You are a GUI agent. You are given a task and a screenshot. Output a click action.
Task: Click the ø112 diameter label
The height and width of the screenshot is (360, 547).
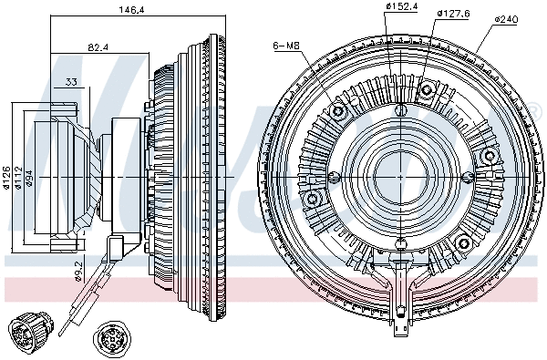[x=17, y=175]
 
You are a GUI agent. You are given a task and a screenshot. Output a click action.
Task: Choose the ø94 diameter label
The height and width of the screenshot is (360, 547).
[x=30, y=175]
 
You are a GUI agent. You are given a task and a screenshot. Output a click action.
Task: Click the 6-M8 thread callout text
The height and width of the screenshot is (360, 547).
[x=284, y=46]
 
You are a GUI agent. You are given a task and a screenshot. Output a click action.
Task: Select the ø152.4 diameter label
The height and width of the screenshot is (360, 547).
[x=401, y=7]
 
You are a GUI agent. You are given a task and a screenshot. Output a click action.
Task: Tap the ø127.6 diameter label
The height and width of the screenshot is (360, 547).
[x=453, y=13]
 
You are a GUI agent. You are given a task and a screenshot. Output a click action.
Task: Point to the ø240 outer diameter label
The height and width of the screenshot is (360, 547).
[x=508, y=18]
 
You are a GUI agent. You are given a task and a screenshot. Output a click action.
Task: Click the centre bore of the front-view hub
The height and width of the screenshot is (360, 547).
[x=401, y=170]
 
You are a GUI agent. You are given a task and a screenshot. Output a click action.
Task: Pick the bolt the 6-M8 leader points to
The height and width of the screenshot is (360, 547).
[x=341, y=112]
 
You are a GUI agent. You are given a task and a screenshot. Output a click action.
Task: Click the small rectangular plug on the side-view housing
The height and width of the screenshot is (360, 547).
[x=117, y=249]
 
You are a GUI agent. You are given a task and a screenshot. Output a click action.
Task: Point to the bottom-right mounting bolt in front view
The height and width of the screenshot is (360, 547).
[x=463, y=242]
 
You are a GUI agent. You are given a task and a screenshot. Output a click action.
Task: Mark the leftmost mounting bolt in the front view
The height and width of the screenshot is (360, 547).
[x=314, y=199]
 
